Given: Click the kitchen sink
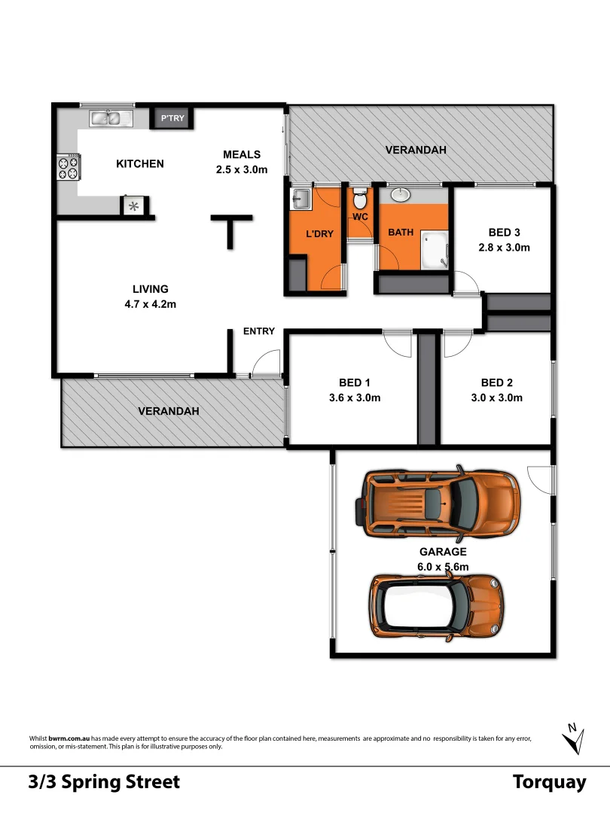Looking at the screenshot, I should [111, 117].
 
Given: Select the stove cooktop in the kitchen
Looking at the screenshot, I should [69, 167].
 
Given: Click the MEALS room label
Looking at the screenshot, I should [241, 154].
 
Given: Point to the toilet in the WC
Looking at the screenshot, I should [360, 200].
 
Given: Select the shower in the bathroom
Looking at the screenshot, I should [433, 248].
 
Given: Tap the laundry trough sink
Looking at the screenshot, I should [301, 199].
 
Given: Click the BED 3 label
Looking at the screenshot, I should [504, 232].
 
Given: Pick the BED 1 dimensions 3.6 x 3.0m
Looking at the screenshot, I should [354, 397].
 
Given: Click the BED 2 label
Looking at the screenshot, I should [496, 382].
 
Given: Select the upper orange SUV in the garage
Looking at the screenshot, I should [438, 501].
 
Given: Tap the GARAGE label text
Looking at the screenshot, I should [443, 552].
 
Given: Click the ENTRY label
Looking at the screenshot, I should [258, 331].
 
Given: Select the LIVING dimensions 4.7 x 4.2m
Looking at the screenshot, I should [150, 304].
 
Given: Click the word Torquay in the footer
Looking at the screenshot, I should [549, 782].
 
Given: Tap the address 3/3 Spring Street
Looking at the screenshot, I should [104, 782].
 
